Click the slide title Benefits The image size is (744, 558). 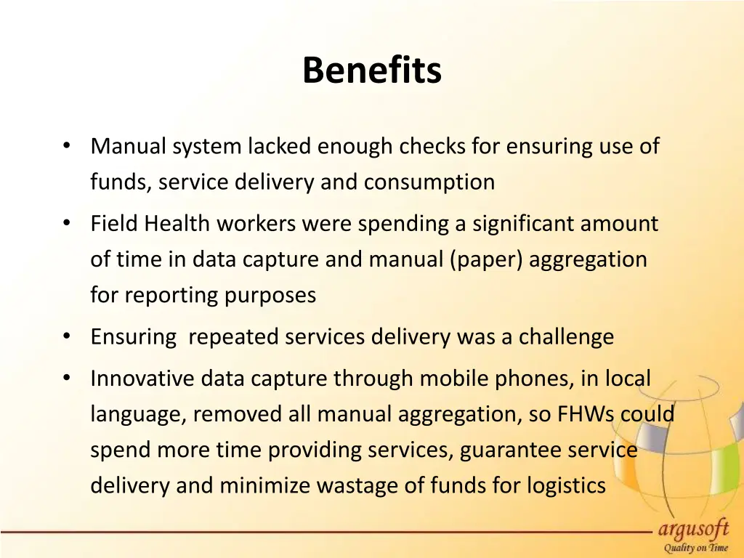pos(371,71)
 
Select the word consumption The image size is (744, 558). pos(429,182)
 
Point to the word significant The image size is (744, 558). pos(523,224)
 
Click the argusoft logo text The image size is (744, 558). pos(693,528)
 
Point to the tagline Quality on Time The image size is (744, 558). pos(693,549)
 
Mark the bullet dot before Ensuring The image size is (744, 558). pos(66,336)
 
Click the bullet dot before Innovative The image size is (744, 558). pos(66,378)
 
